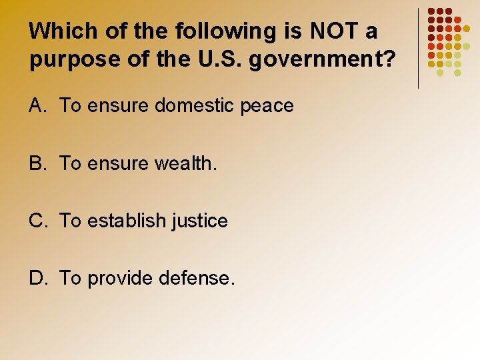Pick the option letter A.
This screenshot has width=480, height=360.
[37, 105]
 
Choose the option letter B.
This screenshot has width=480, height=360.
[37, 163]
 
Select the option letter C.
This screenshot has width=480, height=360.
[37, 221]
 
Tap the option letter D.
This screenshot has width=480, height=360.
[37, 278]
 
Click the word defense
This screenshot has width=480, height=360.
[197, 278]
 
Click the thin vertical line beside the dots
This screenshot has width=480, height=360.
[418, 48]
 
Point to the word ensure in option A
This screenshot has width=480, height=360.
[116, 106]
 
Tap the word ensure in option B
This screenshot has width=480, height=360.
[116, 163]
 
